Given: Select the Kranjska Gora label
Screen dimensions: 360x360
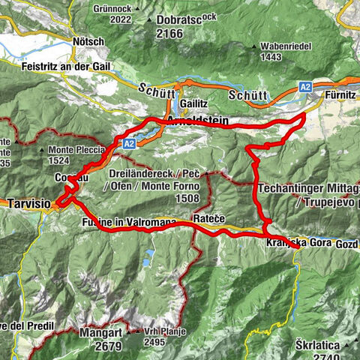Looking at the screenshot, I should (x=296, y=244).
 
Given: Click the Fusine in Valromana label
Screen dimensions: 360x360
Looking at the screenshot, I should (x=126, y=223).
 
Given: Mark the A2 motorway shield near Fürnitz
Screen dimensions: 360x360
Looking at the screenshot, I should (x=306, y=88).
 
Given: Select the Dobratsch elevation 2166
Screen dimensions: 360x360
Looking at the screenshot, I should (x=171, y=34).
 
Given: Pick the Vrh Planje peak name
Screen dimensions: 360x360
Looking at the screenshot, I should (x=163, y=331).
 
